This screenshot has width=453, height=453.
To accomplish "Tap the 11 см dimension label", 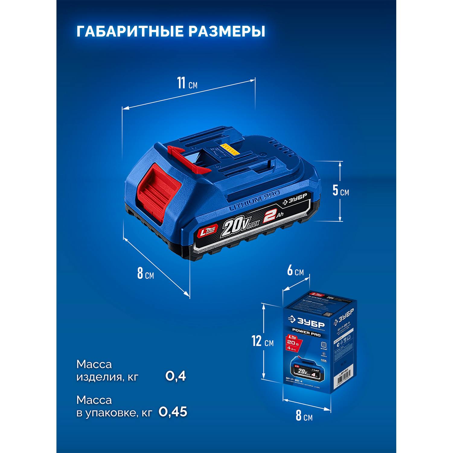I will [187, 83].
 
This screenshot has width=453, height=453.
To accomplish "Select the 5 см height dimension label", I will [340, 191].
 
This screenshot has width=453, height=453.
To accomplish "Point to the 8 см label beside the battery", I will [145, 273].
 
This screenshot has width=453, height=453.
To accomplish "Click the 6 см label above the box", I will [295, 271].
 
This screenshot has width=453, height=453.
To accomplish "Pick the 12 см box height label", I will [263, 342].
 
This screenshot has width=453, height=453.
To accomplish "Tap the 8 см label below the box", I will [304, 416].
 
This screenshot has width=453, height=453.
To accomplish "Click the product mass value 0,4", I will [175, 376].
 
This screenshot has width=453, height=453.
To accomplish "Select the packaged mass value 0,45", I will [173, 412].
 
